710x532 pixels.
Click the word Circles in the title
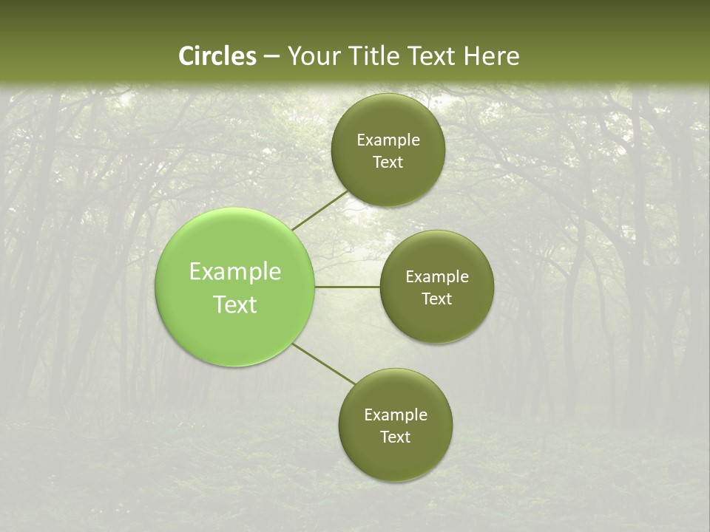217,56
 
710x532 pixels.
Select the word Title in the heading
375,56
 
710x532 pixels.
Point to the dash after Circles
271,57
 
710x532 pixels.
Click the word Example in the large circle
235,272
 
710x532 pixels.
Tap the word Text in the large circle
235,304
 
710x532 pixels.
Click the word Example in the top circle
388,140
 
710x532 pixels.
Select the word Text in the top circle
388,163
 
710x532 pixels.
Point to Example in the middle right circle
437,277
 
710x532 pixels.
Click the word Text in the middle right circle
437,299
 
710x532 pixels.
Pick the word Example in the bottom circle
396,415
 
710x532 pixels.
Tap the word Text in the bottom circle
396,437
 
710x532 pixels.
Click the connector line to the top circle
319,211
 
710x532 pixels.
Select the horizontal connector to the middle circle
348,287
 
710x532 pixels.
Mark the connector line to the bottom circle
324,364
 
